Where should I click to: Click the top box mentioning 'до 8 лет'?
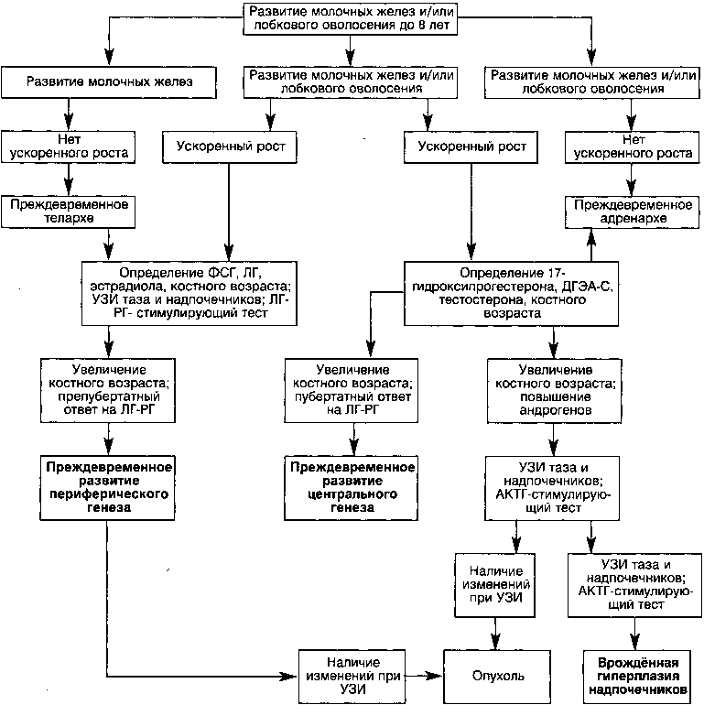tap(351, 18)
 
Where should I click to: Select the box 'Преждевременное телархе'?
tap(69, 211)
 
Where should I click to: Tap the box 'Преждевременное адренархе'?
tap(632, 211)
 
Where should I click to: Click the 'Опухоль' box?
tap(497, 677)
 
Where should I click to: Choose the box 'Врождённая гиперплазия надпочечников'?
tap(637, 677)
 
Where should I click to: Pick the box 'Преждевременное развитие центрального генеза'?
tap(352, 488)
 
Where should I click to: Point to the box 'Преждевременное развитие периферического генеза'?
tap(108, 488)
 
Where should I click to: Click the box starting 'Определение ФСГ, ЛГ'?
tap(190, 293)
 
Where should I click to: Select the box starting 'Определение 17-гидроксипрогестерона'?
tap(512, 293)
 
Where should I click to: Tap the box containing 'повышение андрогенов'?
tap(555, 390)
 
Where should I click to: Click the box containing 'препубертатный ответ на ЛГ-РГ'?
tap(108, 390)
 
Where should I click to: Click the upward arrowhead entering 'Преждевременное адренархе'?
tap(591, 236)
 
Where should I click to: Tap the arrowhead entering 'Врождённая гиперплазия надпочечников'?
tap(634, 642)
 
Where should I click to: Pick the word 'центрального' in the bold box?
tap(352, 494)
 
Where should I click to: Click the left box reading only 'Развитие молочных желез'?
tap(109, 82)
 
